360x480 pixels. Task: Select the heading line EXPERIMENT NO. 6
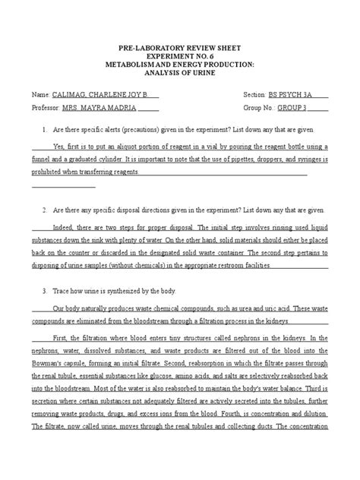pyautogui.click(x=179, y=55)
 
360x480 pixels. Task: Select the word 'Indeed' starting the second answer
pyautogui.click(x=63, y=226)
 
